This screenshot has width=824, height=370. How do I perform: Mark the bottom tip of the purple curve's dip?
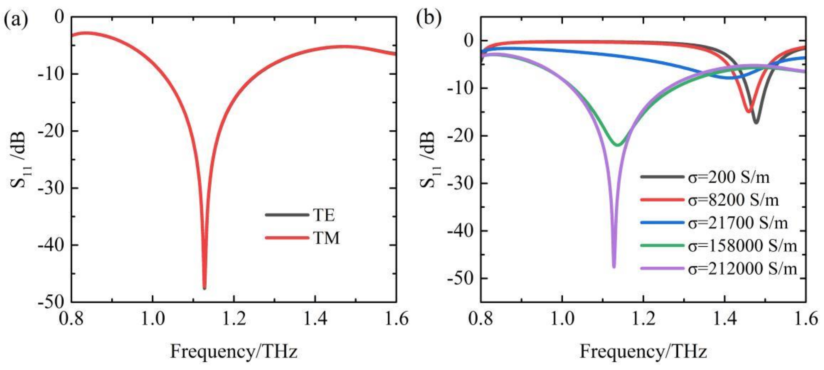pyautogui.click(x=614, y=267)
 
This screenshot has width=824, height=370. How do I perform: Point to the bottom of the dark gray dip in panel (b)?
pyautogui.click(x=756, y=123)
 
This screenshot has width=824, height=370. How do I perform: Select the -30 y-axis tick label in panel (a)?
pyautogui.click(x=51, y=188)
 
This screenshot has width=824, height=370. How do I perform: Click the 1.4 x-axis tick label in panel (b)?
pyautogui.click(x=725, y=319)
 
